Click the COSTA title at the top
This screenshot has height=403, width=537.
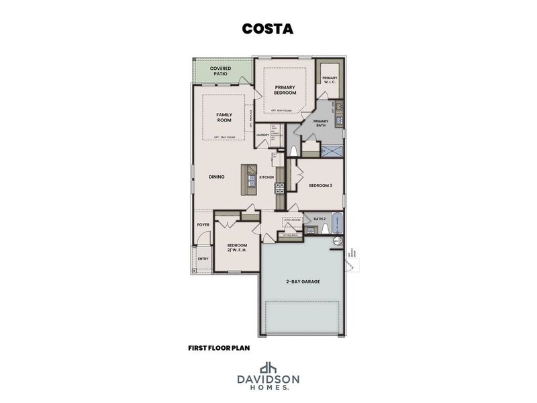[268, 29]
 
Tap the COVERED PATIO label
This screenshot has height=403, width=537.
[221, 71]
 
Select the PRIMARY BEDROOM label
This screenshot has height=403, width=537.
[285, 90]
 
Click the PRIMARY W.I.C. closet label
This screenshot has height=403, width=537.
[330, 81]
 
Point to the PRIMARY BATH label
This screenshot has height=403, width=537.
[321, 124]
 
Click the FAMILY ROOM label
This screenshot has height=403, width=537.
[224, 117]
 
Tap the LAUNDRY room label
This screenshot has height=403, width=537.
[262, 134]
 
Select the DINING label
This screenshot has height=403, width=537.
[216, 177]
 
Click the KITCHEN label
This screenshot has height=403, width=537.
[266, 177]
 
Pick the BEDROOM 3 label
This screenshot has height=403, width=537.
[320, 185]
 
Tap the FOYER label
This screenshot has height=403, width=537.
[203, 225]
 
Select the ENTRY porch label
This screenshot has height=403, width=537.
[202, 259]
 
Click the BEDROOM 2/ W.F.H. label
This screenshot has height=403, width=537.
[237, 248]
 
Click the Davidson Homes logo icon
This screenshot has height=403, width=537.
[268, 367]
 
